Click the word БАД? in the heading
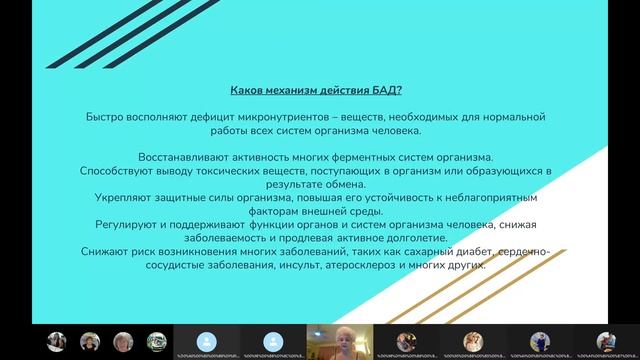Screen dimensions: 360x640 386,90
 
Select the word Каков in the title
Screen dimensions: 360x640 250,90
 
